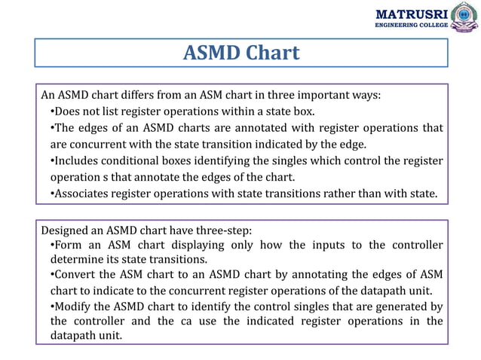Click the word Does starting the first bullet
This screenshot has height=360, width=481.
[69, 111]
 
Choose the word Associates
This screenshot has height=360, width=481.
[83, 194]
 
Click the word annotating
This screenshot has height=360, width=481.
[307, 274]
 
